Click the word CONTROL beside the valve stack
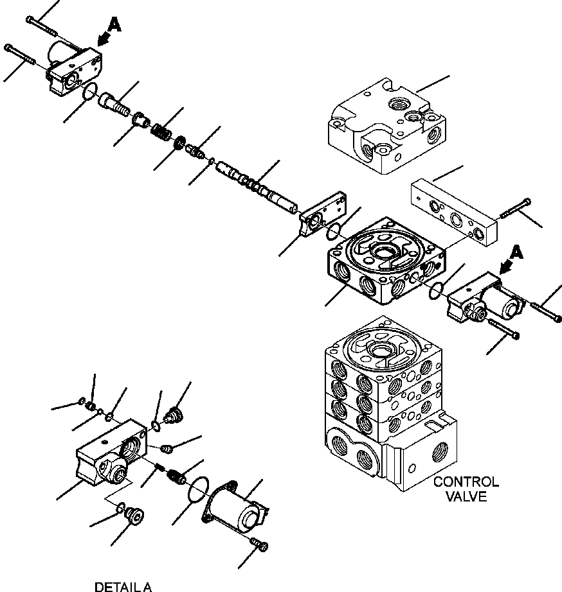click(x=466, y=482)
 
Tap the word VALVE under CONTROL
click(x=467, y=496)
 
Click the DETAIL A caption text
click(x=123, y=587)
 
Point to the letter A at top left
click(x=114, y=25)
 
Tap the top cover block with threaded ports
click(x=386, y=126)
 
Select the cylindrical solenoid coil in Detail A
click(x=237, y=505)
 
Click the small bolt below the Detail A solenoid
click(x=259, y=544)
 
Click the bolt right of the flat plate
click(x=515, y=209)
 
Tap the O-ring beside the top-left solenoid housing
click(x=90, y=92)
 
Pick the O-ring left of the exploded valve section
click(x=333, y=231)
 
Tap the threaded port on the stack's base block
click(x=439, y=451)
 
